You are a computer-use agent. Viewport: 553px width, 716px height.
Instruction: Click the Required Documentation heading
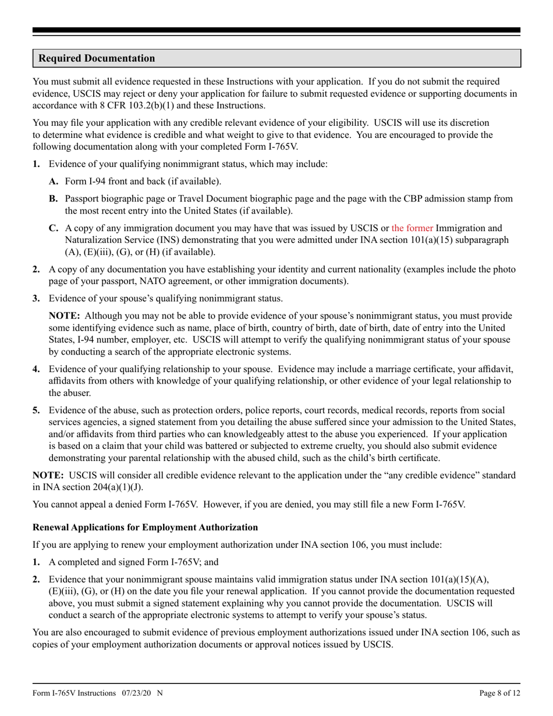click(97, 59)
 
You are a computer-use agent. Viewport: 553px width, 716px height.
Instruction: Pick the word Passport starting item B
click(84, 199)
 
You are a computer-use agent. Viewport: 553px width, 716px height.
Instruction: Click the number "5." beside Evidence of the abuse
click(36, 410)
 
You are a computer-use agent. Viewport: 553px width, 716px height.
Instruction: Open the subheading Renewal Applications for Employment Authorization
click(145, 527)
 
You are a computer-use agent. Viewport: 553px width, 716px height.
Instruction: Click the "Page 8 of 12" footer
click(499, 693)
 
